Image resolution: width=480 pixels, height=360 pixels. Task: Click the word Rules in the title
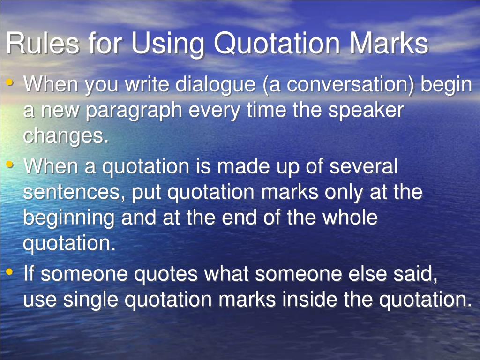coord(42,44)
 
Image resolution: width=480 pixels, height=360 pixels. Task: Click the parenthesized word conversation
coord(351,86)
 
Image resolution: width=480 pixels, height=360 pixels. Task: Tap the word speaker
coord(365,111)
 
